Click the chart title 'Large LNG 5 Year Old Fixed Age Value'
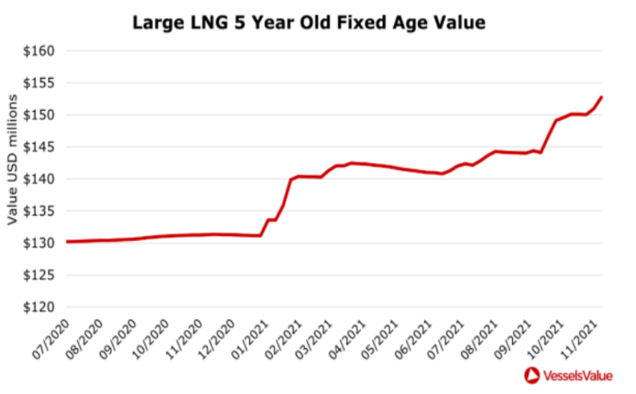click(x=309, y=23)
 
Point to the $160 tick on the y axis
click(x=39, y=51)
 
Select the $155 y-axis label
click(x=39, y=83)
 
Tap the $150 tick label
click(x=39, y=115)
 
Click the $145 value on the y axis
click(x=39, y=147)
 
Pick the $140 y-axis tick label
click(x=39, y=179)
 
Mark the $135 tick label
click(x=39, y=211)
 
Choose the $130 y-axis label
click(x=39, y=243)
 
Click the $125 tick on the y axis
click(x=39, y=275)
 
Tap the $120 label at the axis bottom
click(x=39, y=307)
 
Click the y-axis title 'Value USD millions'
click(x=13, y=159)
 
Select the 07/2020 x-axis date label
click(x=51, y=340)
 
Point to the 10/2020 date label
click(x=151, y=340)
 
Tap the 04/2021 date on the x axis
click(x=347, y=340)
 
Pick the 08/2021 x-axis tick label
click(x=480, y=340)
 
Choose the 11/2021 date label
click(x=579, y=340)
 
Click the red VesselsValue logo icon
click(x=531, y=375)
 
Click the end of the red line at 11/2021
click(x=602, y=97)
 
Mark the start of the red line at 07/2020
click(x=67, y=242)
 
